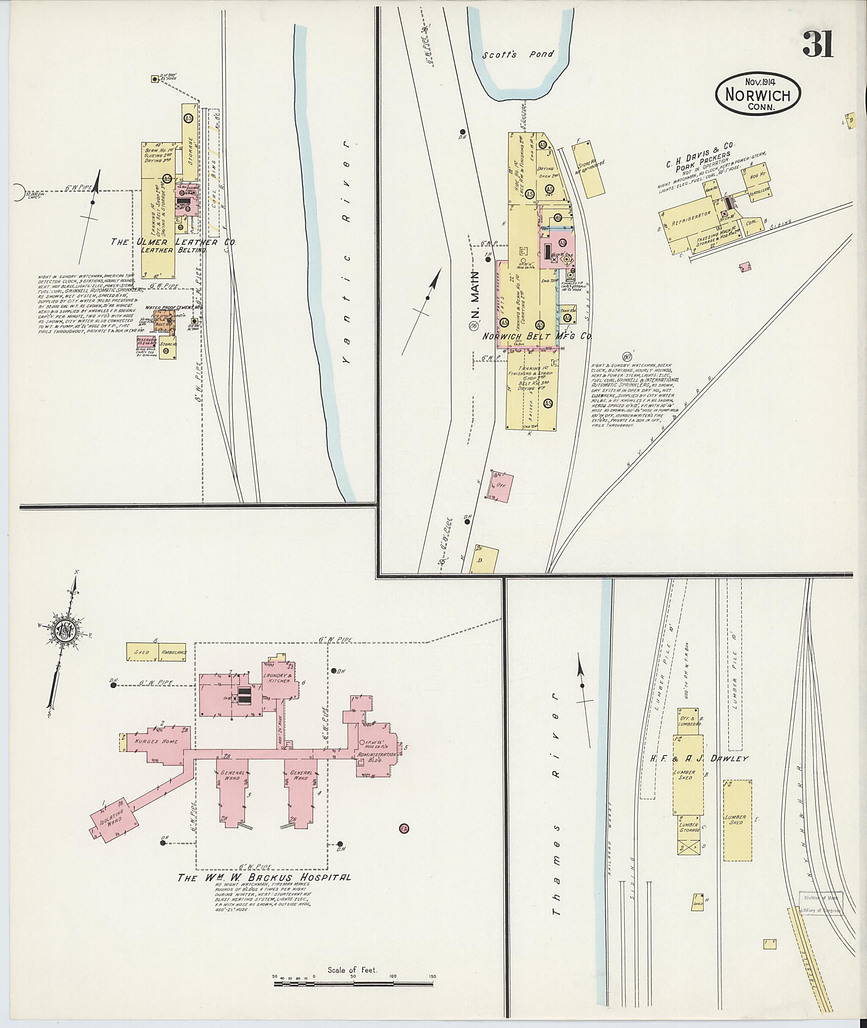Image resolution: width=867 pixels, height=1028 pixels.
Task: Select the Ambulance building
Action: [174, 652]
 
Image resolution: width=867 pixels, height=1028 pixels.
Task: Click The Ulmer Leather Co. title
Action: [173, 242]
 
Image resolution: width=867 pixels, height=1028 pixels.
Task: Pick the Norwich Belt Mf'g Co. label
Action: [537, 336]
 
